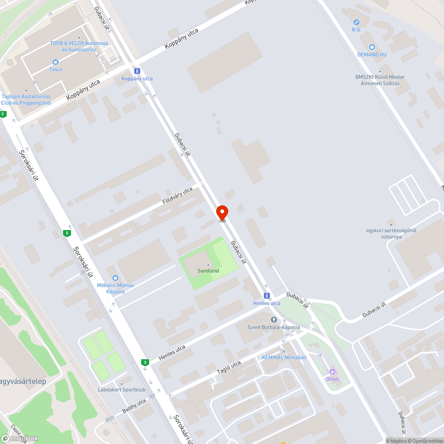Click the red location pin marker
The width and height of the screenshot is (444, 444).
coord(222,213)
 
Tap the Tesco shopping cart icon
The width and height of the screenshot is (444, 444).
coord(55,62)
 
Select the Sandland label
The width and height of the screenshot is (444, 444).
coord(208,270)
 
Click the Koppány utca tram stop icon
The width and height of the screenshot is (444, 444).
coord(137,71)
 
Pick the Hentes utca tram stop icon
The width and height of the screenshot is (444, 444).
coord(266,296)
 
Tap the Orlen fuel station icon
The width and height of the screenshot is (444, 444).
coord(332,371)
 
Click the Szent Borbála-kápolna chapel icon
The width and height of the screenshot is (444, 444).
coord(274,320)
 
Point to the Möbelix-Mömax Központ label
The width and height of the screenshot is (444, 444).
coord(115,288)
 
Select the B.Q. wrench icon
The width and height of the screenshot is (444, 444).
coord(356,22)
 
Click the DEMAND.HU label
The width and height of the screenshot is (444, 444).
coord(372,54)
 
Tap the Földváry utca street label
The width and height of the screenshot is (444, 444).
coord(177,196)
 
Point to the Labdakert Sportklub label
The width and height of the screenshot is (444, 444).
coord(122,390)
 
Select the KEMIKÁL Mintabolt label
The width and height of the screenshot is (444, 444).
coord(284,357)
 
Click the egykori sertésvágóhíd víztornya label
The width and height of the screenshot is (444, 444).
coord(384,234)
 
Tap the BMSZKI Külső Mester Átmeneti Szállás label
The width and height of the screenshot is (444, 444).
coord(380,80)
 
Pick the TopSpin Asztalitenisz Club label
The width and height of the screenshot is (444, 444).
coord(26,99)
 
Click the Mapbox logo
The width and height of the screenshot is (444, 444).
coord(20,438)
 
